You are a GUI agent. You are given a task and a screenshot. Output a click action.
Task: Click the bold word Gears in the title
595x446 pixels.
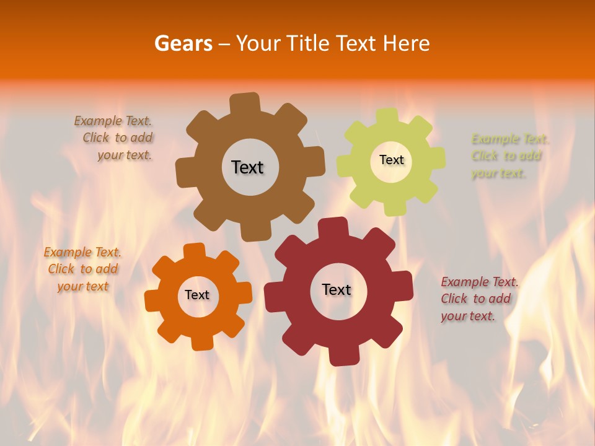click(x=183, y=43)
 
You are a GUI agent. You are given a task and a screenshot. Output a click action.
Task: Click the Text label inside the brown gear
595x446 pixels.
click(x=247, y=167)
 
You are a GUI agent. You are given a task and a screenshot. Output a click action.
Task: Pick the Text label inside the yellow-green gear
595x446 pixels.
click(x=391, y=160)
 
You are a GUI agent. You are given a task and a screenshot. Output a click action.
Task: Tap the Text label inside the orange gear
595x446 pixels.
click(x=197, y=295)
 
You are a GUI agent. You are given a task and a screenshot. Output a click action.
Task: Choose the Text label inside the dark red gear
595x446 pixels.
click(x=337, y=289)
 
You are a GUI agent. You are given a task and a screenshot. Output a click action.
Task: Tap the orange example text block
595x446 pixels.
click(x=82, y=269)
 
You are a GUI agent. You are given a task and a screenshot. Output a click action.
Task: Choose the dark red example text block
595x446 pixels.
click(x=478, y=299)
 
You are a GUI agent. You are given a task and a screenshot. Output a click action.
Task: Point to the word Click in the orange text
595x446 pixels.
click(x=61, y=269)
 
